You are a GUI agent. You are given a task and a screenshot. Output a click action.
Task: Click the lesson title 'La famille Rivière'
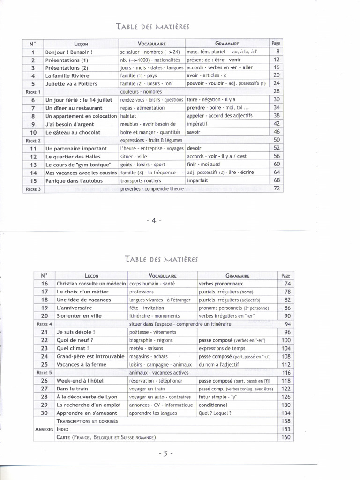pos(67,75)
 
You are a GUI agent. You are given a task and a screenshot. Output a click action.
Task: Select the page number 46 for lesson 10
pos(276,132)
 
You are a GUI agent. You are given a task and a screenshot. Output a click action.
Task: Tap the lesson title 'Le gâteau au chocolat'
pos(73,132)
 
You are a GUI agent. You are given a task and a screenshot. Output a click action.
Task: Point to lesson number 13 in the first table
pos(33,165)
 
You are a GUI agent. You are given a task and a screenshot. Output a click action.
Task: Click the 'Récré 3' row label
pos(33,189)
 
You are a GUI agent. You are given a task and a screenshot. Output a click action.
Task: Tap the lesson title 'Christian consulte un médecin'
pos(91,284)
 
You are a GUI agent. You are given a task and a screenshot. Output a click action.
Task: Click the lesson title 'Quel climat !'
pos(73,348)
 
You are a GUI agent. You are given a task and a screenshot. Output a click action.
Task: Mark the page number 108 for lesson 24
pos(285,356)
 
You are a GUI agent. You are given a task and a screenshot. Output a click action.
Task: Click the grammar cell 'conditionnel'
pos(213,405)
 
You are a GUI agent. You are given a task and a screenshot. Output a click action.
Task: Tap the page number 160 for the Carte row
pos(285,437)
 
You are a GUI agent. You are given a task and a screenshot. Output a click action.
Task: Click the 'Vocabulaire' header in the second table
pos(162,276)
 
